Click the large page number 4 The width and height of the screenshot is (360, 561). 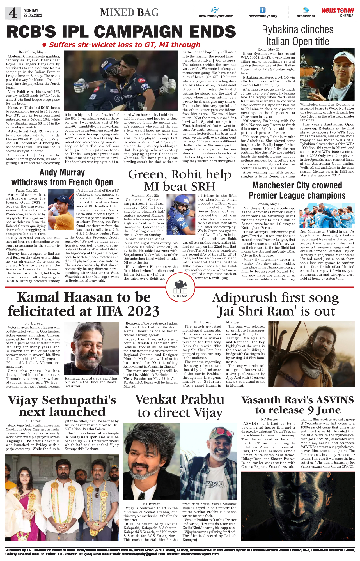coord(13,13)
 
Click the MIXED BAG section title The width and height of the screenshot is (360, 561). coord(129,12)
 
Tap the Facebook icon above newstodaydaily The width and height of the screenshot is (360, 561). coord(262,10)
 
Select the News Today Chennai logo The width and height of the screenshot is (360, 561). coord(338,12)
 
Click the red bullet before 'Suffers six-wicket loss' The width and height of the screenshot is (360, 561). coord(44,45)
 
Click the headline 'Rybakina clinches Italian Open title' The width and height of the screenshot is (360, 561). coord(297,35)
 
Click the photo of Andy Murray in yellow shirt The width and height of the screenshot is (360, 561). coord(61,209)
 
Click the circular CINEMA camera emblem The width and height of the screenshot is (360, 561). coord(180,288)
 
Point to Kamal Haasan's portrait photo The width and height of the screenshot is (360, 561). coord(92,348)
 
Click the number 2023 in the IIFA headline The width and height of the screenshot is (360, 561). coord(143,311)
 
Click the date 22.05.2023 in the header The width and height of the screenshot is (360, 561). coord(33,15)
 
